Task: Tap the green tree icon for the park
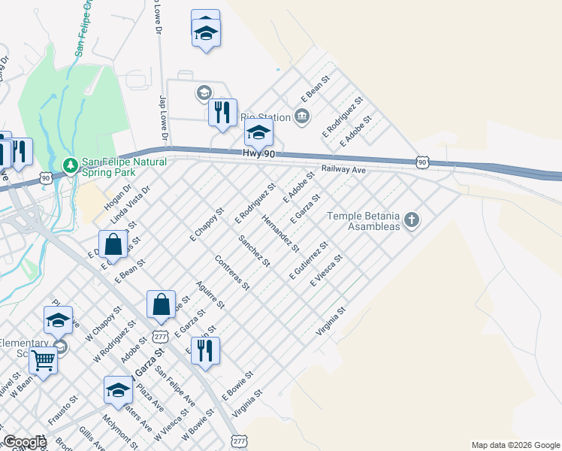pyautogui.click(x=70, y=164)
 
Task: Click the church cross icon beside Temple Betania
pyautogui.click(x=410, y=219)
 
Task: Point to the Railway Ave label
pyautogui.click(x=343, y=171)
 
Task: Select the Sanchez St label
pyautogui.click(x=254, y=250)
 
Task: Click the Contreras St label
pyautogui.click(x=231, y=272)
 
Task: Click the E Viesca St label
pyautogui.click(x=327, y=271)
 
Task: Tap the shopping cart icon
pyautogui.click(x=44, y=361)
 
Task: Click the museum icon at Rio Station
pyautogui.click(x=302, y=116)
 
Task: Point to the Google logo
pyautogui.click(x=24, y=443)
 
